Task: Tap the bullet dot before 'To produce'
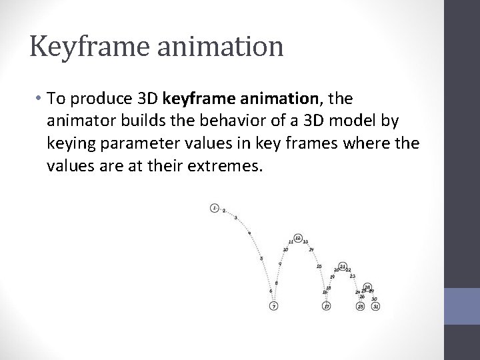[39, 100]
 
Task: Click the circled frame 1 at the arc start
[214, 208]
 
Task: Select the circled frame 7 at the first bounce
[273, 306]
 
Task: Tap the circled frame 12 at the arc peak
[298, 238]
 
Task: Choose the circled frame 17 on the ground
[326, 306]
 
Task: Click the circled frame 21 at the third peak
[342, 267]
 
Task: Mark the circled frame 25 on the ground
[360, 306]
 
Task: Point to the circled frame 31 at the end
[376, 306]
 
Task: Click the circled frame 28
[367, 287]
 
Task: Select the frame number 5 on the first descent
[261, 259]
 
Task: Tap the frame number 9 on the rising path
[279, 263]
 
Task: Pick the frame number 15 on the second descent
[319, 266]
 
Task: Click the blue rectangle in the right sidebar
[463, 311]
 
